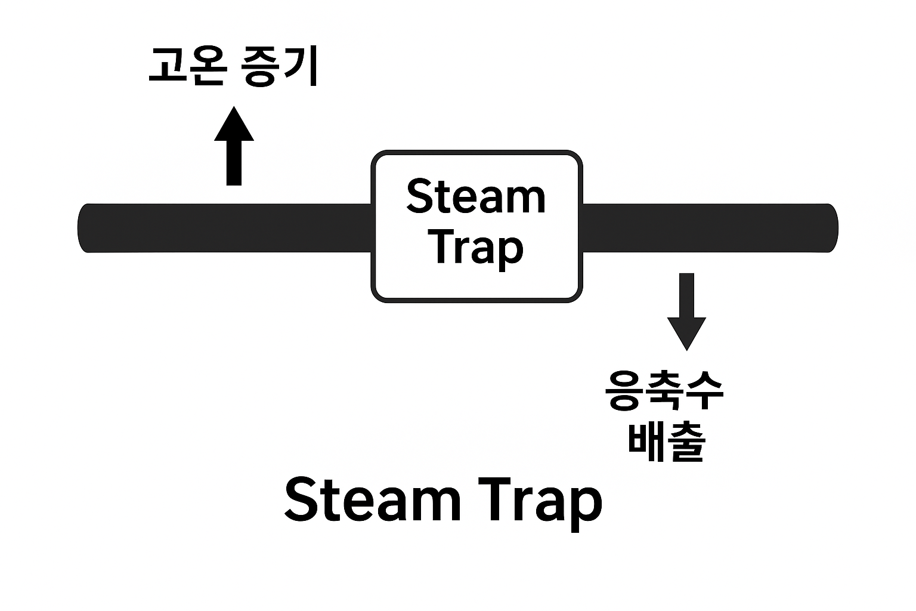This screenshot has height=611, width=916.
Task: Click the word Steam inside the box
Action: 476,197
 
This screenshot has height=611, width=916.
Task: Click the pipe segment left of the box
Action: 227,228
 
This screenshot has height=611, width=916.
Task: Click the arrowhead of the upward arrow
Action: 234,125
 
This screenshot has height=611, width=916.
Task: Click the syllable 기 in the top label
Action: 301,67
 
